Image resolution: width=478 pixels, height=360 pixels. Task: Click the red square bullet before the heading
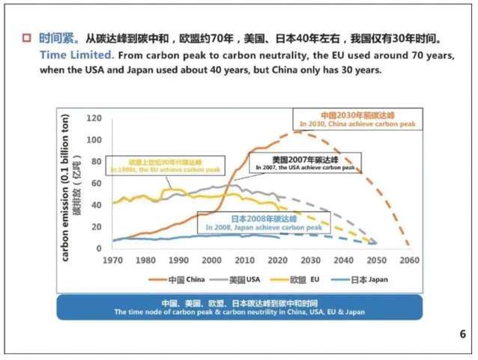(27, 37)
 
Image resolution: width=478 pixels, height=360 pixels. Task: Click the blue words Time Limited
(71, 55)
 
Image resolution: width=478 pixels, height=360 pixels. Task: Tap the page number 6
(462, 335)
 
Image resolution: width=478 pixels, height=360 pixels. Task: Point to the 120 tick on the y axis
(94, 118)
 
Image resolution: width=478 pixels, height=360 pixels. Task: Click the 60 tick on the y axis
(97, 183)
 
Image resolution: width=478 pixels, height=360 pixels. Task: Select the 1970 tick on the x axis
(112, 260)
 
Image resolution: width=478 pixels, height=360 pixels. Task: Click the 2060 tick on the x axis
(410, 260)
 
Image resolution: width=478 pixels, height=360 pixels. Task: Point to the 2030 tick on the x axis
(311, 260)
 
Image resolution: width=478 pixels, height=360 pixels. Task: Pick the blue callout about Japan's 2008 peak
(259, 222)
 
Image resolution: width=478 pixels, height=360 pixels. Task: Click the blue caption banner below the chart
(239, 308)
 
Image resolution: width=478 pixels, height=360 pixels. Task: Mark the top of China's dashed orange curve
(298, 132)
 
